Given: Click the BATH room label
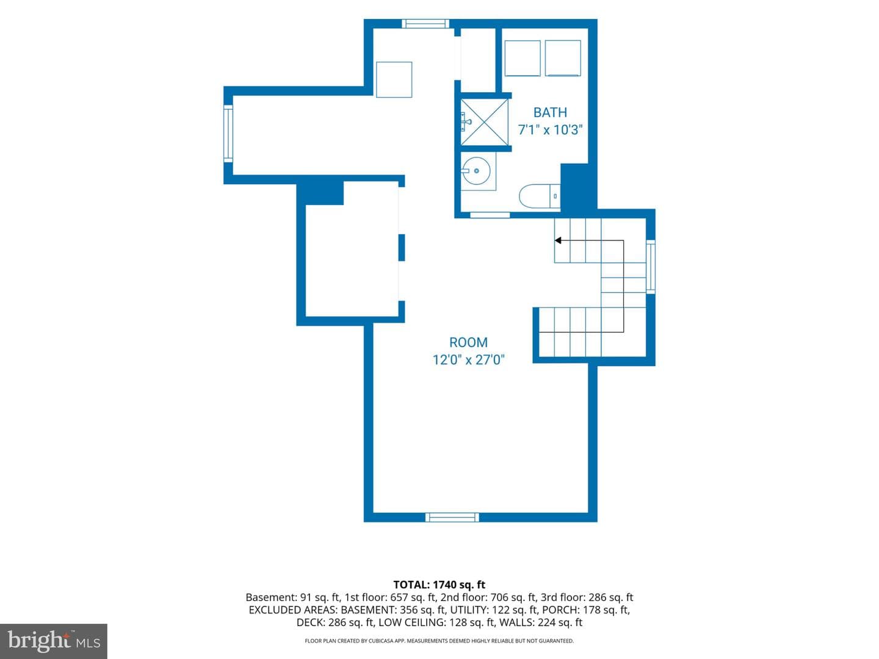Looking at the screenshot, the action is pos(550,112).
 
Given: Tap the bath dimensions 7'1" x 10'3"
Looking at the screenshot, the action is pos(550,130).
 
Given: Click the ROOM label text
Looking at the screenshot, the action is pos(468,342).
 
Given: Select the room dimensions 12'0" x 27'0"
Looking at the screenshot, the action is pos(468,360).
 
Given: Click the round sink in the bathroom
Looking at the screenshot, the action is pos(476,171).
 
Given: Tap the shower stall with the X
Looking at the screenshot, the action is pos(484,122).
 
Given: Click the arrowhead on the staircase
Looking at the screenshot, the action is pos(557,240).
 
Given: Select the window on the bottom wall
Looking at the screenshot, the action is pos(452,517).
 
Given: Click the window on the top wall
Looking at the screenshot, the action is pos(425,24).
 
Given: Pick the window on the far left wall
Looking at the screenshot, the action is pos(228,133).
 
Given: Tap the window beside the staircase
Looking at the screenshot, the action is pos(651,267).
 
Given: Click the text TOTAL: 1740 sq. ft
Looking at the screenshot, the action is pos(440,585).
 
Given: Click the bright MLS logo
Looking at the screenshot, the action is pos(54,641).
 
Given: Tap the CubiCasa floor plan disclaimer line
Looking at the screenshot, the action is pos(440,641).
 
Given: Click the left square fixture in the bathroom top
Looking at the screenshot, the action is pos(523,58).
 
